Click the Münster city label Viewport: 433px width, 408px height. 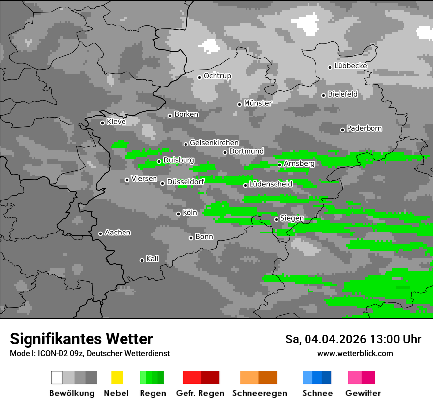click(257, 103)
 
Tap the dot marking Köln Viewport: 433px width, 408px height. click(178, 214)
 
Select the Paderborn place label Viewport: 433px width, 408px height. click(364, 128)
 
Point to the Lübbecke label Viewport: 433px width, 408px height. click(350, 66)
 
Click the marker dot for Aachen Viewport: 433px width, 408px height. click(100, 233)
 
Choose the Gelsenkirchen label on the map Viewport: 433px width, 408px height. click(214, 143)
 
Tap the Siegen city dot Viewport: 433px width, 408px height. click(276, 219)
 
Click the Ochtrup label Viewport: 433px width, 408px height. click(217, 76)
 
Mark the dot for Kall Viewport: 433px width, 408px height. click(142, 260)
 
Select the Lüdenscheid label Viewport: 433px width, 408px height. click(271, 184)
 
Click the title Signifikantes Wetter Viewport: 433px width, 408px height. click(81, 339)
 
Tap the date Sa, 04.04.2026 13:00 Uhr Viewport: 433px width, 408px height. click(353, 339)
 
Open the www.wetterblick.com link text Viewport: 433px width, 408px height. click(355, 353)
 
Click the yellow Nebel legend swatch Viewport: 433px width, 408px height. click(117, 378)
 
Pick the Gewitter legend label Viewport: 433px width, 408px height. click(363, 393)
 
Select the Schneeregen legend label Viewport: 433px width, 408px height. click(258, 393)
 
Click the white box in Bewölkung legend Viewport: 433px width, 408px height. click(57, 378)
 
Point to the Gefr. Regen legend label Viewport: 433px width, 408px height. click(200, 393)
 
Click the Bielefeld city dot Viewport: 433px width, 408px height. click(323, 95)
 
